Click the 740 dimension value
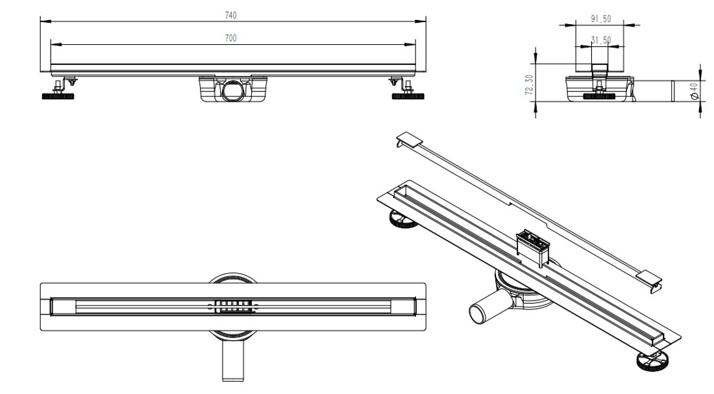[230, 14]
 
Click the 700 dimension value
[230, 38]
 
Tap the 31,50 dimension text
[600, 40]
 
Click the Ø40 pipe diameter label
[695, 91]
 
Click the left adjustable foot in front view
[59, 96]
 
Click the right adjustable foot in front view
[408, 96]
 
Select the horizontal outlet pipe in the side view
[652, 91]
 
